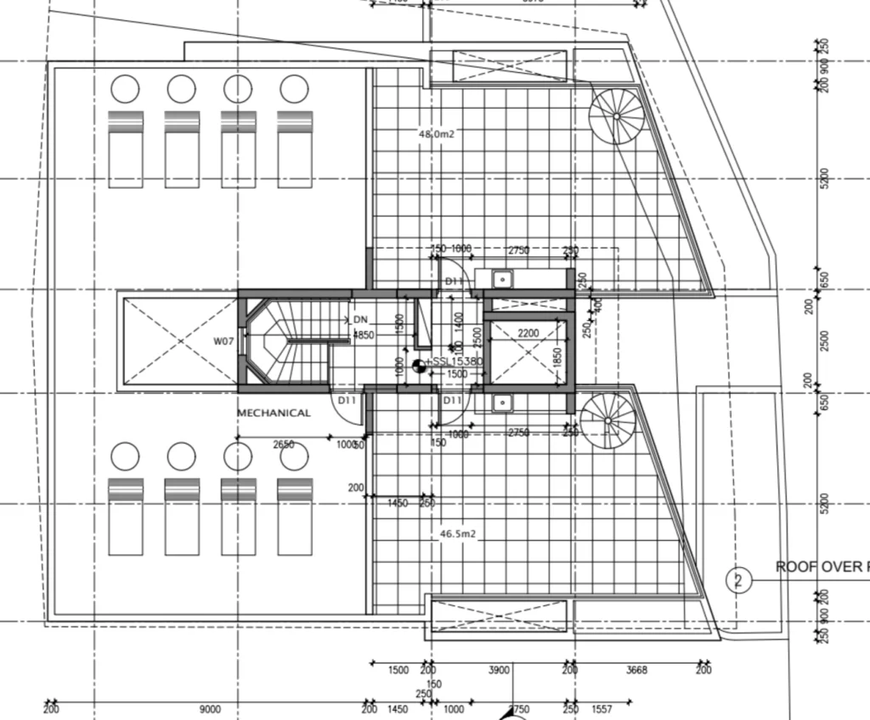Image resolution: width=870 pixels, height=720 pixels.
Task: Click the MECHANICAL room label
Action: point(274,413)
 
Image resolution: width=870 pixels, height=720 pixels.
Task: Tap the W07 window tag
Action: point(223,342)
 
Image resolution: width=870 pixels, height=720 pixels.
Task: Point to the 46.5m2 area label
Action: point(457,535)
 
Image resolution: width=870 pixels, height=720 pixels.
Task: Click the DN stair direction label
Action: point(361,318)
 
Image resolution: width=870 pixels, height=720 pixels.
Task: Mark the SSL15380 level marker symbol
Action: point(418,367)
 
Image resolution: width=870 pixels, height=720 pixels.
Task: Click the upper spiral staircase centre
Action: point(617,116)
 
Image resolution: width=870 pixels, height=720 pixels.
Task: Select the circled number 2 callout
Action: point(738,581)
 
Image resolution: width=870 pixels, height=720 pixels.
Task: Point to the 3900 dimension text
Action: point(499,671)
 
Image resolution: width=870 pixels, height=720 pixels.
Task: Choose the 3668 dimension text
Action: point(636,671)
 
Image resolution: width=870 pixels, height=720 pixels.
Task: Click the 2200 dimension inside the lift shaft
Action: point(528,334)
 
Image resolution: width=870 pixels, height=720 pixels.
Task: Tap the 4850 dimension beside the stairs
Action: point(364,335)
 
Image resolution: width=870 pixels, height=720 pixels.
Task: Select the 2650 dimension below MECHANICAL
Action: point(284,444)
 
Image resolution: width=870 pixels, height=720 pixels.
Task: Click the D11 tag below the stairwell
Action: point(347,399)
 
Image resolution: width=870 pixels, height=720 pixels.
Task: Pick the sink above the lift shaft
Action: point(501,277)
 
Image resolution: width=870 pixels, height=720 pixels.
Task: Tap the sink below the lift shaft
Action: point(501,404)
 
